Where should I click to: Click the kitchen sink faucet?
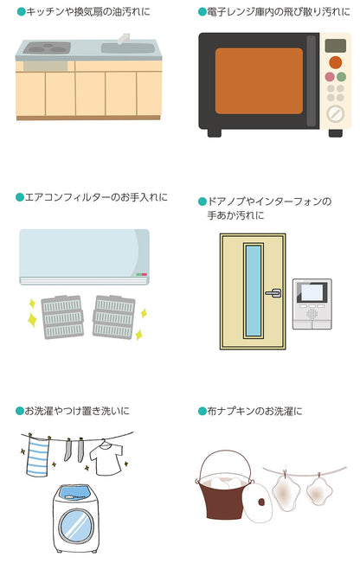point(123,38)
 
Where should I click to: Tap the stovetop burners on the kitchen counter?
point(47,48)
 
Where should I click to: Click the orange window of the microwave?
point(259,80)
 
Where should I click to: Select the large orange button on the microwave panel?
point(335,62)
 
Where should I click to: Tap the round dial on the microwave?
point(335,114)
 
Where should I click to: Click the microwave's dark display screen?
point(336,46)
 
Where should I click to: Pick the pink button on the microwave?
point(330,77)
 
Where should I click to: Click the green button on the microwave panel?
point(341,77)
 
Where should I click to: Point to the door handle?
point(273,293)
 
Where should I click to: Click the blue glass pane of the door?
point(254,291)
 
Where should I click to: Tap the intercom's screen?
point(312,292)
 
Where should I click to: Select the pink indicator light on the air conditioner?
point(144,274)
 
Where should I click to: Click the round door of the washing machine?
point(76,526)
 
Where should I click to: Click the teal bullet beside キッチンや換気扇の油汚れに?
point(21,12)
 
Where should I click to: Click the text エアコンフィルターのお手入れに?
point(96,197)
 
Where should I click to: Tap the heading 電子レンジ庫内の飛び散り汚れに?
point(279,12)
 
